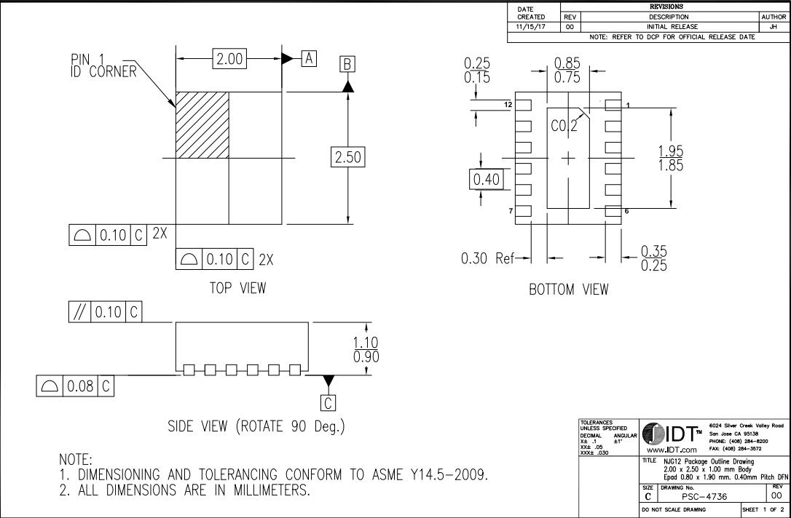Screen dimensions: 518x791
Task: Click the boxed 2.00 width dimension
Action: [229, 59]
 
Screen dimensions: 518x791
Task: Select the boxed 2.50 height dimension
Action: [348, 157]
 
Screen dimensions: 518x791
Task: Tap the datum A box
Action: [310, 58]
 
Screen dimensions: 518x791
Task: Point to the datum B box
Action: [347, 64]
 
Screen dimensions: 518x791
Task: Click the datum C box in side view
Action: [328, 402]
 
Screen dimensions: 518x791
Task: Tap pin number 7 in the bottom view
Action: [510, 210]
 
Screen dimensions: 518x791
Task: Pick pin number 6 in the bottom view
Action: [626, 211]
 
